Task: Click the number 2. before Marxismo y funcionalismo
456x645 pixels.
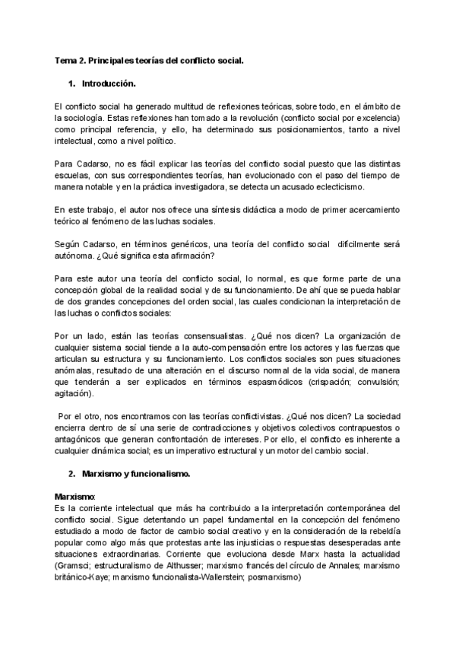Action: (72, 474)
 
